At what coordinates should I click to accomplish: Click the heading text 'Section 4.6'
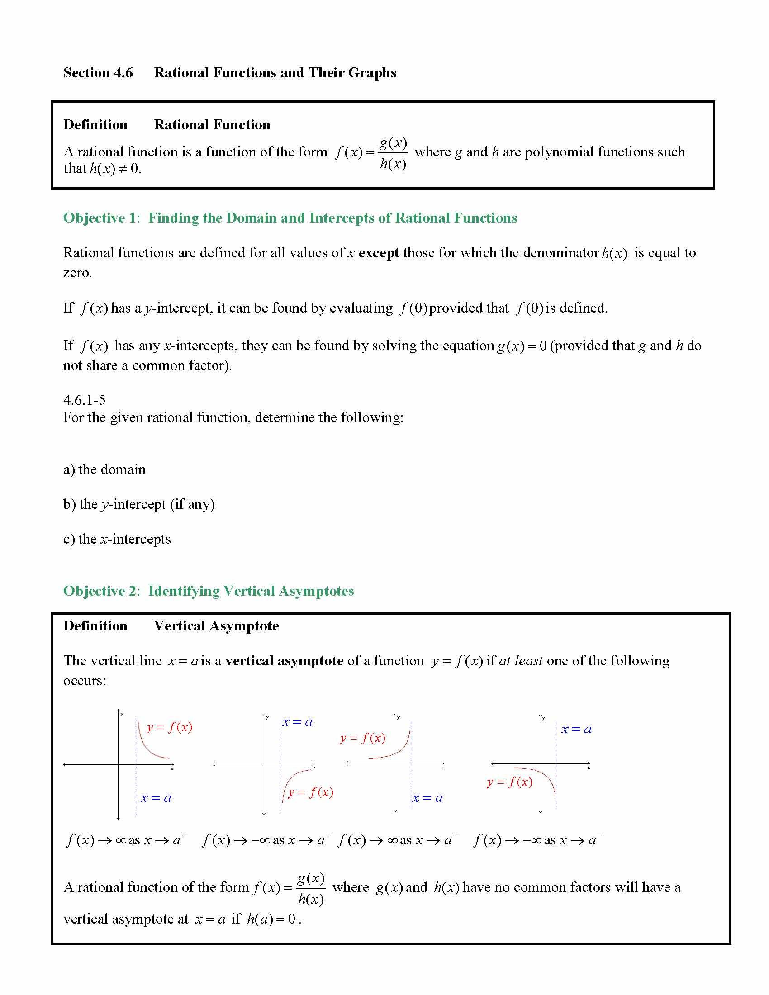click(98, 73)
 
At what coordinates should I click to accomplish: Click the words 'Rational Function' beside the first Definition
click(212, 125)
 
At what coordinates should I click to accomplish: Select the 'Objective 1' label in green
click(100, 218)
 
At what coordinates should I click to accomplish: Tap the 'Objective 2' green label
click(100, 592)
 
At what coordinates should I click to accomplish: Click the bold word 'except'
click(379, 253)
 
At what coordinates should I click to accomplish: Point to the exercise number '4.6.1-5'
click(84, 400)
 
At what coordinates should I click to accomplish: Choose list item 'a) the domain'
click(104, 470)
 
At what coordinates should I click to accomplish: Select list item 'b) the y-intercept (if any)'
click(139, 504)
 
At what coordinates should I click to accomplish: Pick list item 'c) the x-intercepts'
click(117, 540)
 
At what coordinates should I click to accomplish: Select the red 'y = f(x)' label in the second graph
click(310, 793)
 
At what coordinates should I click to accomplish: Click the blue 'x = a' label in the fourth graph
click(576, 730)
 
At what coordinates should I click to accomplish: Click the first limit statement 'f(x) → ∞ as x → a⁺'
click(126, 840)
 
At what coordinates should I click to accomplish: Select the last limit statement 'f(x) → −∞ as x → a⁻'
click(537, 840)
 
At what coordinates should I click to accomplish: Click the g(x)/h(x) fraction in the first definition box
click(393, 153)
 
